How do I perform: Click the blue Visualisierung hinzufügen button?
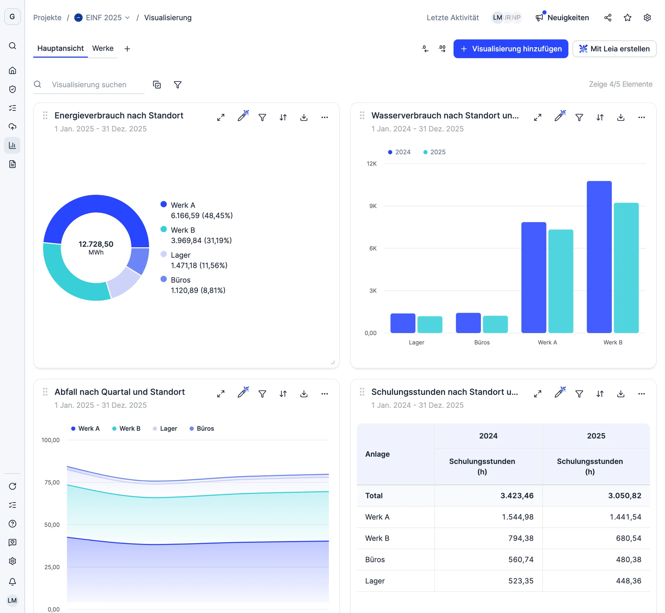(x=511, y=49)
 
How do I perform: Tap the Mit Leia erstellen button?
(x=614, y=49)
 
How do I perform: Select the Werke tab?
(x=103, y=48)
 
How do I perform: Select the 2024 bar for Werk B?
(x=599, y=257)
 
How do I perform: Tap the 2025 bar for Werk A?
(x=561, y=281)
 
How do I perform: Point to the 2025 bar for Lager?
(x=430, y=324)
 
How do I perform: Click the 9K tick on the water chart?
(x=373, y=206)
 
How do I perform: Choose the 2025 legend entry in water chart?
(x=434, y=152)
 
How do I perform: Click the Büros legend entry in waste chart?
(x=202, y=429)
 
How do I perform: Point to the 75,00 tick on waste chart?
(x=52, y=482)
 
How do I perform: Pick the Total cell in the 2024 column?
(x=517, y=495)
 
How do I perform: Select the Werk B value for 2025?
(x=628, y=538)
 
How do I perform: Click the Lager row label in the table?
(x=375, y=581)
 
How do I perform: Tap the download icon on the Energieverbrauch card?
(x=304, y=118)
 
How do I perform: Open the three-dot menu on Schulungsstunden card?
(x=641, y=394)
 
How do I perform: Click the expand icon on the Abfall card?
(x=221, y=394)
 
